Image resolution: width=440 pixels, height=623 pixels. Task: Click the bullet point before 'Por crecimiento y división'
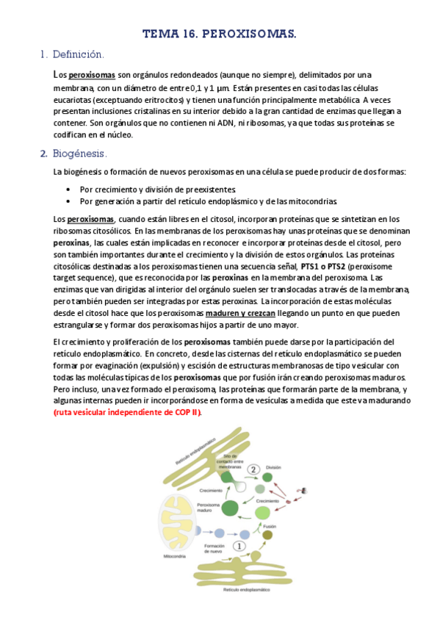(x=68, y=189)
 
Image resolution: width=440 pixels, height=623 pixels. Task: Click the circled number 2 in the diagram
(x=253, y=469)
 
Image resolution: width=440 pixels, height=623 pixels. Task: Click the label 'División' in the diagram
(x=274, y=467)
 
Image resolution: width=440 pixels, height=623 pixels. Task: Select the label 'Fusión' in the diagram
(x=267, y=527)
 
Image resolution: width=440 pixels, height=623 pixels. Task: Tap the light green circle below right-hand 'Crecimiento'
(x=262, y=512)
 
